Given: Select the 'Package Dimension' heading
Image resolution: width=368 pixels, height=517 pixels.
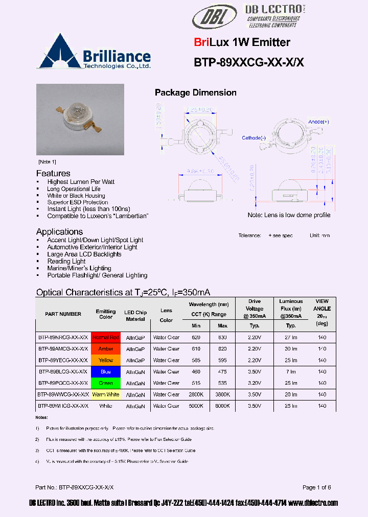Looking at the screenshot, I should [195, 92].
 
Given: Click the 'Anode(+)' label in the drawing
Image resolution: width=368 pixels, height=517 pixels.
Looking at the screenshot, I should [319, 122].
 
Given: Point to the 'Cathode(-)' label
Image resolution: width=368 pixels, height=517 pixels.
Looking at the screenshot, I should [254, 138].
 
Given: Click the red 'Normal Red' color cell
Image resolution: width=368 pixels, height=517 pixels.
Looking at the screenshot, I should [106, 338].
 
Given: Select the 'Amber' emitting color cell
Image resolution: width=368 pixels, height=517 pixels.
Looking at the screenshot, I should [106, 349].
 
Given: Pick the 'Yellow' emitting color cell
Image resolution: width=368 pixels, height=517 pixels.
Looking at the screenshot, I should [106, 360].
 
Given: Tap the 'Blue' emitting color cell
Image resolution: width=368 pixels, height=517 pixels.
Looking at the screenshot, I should [106, 372].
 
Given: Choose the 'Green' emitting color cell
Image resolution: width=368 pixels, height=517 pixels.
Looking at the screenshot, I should [106, 383].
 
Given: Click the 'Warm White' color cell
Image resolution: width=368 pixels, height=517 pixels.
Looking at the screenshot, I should [106, 394].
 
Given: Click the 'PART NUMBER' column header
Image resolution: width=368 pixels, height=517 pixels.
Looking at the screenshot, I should [63, 314].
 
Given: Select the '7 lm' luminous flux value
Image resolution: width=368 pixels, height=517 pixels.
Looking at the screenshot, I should [291, 372].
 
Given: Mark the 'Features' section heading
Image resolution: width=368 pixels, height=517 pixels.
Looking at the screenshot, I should [53, 173].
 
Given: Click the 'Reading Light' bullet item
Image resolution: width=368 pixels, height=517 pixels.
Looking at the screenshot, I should [66, 261].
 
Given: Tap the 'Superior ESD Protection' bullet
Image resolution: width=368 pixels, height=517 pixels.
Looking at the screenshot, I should [78, 202].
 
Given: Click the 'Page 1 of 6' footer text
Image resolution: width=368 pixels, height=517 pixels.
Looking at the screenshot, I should [316, 487].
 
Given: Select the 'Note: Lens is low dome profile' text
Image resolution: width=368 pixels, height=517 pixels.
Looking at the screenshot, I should [289, 215].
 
